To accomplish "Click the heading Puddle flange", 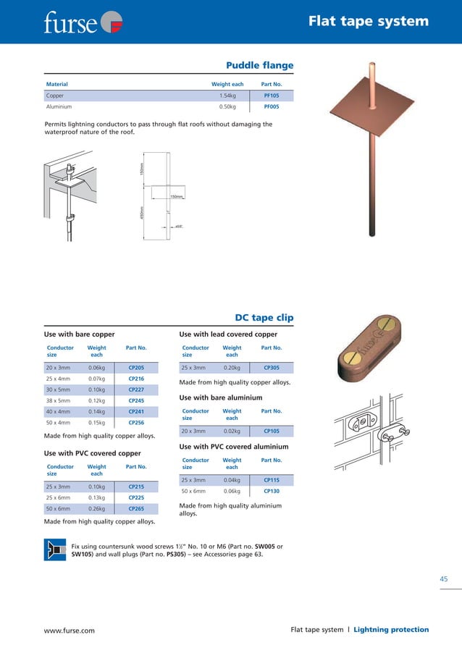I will pyautogui.click(x=260, y=66).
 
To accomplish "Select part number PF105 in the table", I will pyautogui.click(x=271, y=96).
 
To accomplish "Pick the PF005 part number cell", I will pyautogui.click(x=271, y=106).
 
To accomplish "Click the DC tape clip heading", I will pyautogui.click(x=264, y=318).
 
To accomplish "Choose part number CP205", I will pyautogui.click(x=136, y=368).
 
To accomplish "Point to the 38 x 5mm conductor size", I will pyautogui.click(x=58, y=400).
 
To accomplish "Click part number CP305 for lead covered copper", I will pyautogui.click(x=272, y=368).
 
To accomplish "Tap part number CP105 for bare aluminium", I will pyautogui.click(x=272, y=431).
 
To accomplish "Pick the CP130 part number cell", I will pyautogui.click(x=272, y=491).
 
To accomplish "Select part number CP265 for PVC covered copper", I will pyautogui.click(x=136, y=509).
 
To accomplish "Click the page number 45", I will pyautogui.click(x=444, y=578).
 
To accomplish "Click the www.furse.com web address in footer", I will pyautogui.click(x=70, y=631).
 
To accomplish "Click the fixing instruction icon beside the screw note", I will pyautogui.click(x=55, y=551).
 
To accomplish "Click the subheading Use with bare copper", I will pyautogui.click(x=80, y=334).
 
